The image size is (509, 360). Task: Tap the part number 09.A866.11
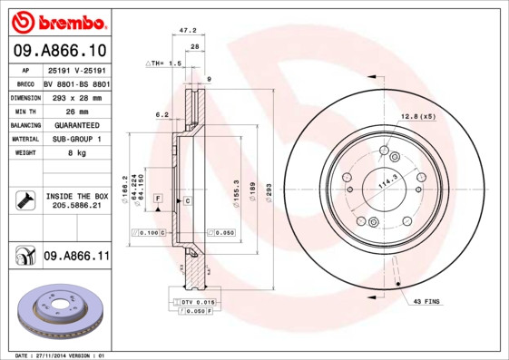coord(76,258)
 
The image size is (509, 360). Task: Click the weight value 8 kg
coord(76,153)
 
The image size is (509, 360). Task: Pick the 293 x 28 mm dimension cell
coord(76,95)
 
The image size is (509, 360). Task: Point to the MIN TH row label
coord(24,110)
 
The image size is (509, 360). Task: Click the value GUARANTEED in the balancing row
coord(76,124)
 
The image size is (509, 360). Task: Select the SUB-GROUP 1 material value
coord(76,139)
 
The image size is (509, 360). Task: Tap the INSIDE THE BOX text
coord(76,196)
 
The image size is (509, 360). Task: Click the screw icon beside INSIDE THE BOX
coord(24,200)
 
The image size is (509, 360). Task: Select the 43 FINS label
coord(426,300)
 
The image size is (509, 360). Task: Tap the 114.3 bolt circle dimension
coord(389,180)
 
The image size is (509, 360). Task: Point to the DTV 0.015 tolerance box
coord(192,300)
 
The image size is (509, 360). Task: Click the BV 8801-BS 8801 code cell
coord(76,82)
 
